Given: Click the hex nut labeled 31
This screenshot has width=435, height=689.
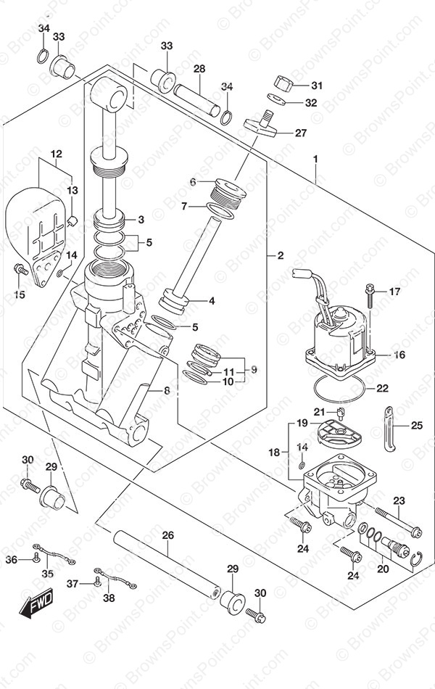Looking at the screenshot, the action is point(285,83).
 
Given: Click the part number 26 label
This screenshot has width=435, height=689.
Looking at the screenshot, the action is point(168,535).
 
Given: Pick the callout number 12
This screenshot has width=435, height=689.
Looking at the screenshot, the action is point(57,154).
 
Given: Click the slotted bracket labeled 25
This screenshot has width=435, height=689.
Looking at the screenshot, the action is point(389,429).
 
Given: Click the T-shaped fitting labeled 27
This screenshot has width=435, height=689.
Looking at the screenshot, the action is point(260,125).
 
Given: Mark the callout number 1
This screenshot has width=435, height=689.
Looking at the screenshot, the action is point(315,159).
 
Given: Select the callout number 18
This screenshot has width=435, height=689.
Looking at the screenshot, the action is point(274,452).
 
